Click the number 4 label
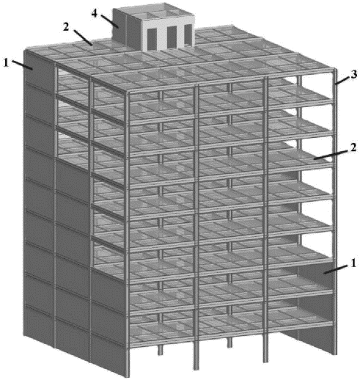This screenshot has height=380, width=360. coord(95,14)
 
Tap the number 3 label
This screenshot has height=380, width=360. coord(354,75)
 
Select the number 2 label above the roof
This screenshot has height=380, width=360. coord(66,27)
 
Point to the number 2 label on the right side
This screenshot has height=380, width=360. coord(353,147)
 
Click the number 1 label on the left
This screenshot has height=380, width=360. coord(6,63)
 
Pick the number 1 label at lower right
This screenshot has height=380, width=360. coord(353,263)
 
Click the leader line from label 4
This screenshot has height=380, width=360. coord(110,21)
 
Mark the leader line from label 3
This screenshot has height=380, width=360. coord(342,81)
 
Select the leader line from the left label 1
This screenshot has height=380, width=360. coord(22,65)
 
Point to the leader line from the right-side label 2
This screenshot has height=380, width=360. coord(331,155)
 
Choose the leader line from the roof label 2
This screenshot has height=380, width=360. coord(83,37)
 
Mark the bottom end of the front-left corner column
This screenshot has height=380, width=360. coord(128,376)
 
